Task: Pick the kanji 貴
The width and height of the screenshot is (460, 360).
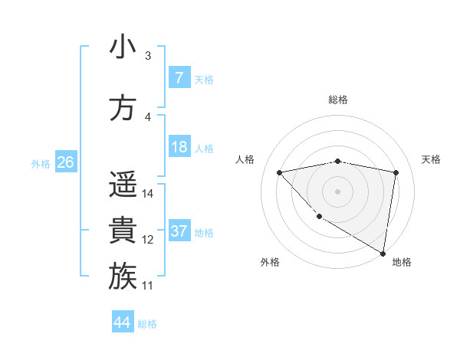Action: tap(123, 231)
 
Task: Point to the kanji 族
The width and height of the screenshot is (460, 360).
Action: tap(123, 277)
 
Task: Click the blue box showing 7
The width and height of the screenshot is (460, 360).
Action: tap(179, 77)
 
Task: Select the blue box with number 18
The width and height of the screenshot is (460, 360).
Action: tap(179, 147)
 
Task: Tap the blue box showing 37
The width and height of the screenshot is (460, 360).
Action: tap(179, 231)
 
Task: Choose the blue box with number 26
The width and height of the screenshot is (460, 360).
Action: tap(65, 162)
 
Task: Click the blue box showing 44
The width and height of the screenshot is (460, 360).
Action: tap(123, 322)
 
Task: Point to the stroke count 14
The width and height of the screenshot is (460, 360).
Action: tap(148, 194)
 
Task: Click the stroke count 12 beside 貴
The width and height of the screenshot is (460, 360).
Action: tap(148, 240)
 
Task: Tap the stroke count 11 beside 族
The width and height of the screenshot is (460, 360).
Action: tap(148, 286)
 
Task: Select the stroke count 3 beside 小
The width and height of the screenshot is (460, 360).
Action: tap(148, 56)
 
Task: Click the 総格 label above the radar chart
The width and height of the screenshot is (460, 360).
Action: tap(337, 100)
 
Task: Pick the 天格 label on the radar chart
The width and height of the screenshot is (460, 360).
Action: tap(431, 159)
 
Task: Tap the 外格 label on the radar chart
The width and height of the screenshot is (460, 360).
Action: tap(270, 262)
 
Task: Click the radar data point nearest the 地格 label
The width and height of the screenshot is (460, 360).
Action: tap(383, 253)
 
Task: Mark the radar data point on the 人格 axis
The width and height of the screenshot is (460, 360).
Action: tap(280, 172)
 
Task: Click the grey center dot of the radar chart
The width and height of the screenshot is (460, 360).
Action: tap(337, 191)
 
